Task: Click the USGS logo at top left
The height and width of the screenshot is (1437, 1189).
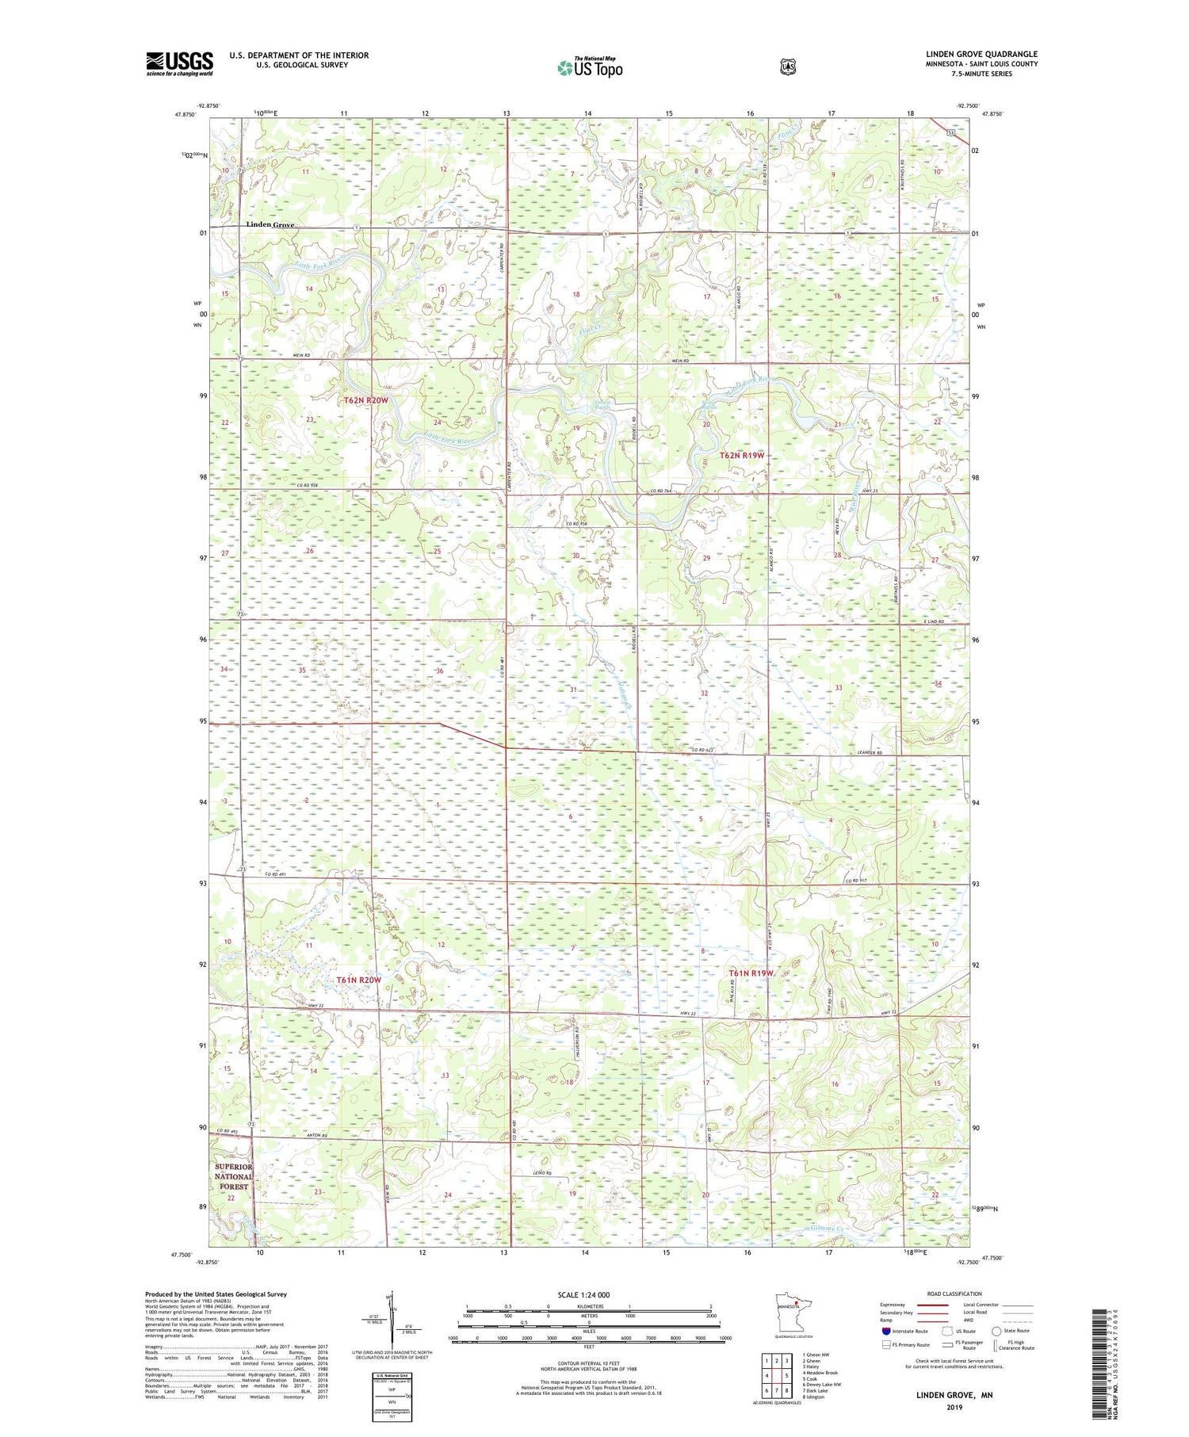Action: (x=179, y=63)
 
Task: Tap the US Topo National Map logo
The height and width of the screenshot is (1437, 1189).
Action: (x=589, y=67)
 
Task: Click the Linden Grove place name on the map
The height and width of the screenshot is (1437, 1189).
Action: (x=270, y=224)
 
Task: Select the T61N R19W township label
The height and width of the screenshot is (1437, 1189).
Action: (x=750, y=973)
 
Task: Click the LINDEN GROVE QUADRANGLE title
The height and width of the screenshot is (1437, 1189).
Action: (x=981, y=54)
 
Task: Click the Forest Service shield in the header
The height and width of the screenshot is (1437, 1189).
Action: (x=787, y=67)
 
